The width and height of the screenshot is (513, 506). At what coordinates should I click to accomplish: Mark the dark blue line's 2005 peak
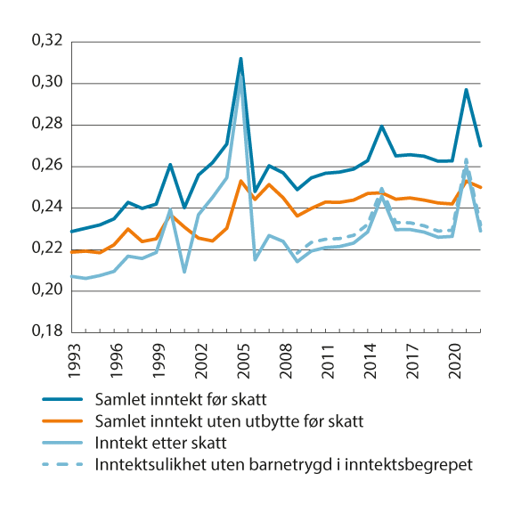(x=240, y=59)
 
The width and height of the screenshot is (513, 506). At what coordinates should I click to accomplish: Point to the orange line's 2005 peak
(x=240, y=181)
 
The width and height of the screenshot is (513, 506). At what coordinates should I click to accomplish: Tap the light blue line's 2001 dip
(x=184, y=272)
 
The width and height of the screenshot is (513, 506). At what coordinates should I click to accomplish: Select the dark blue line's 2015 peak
(x=381, y=126)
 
